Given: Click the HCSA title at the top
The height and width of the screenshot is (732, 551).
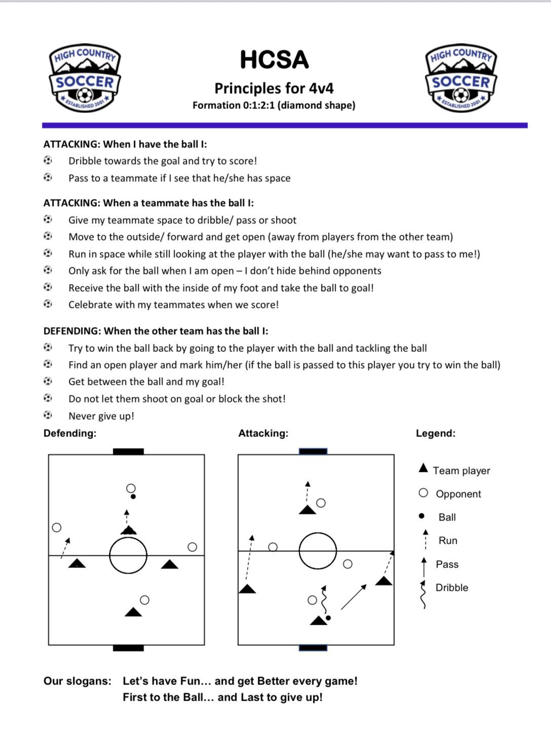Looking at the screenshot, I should click(x=274, y=60).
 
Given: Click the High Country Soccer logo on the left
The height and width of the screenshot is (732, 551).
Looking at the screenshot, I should click(x=85, y=77).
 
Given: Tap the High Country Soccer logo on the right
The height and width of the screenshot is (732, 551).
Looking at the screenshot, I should click(x=461, y=77).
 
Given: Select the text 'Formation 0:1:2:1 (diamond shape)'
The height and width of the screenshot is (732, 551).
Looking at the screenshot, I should click(x=273, y=105).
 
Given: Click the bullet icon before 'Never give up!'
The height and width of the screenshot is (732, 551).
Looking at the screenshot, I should click(x=48, y=415).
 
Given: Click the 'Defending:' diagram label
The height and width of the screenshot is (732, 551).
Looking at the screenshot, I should click(x=70, y=433).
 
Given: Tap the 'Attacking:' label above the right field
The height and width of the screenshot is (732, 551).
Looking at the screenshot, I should click(x=263, y=433).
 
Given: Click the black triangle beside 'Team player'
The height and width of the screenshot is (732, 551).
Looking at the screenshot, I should click(x=423, y=468).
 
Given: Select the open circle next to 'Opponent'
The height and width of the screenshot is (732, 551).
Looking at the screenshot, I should click(x=423, y=493).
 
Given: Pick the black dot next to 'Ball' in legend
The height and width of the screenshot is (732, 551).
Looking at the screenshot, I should click(x=421, y=516).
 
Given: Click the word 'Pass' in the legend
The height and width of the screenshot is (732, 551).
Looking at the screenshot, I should click(x=447, y=564).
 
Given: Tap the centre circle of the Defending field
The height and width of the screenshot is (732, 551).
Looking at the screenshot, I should click(x=128, y=555).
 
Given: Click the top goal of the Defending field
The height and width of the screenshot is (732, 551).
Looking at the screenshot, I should click(x=128, y=452).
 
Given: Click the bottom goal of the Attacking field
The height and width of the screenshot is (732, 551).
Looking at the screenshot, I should click(x=313, y=647).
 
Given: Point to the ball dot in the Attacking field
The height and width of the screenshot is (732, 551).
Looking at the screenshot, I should click(x=328, y=618).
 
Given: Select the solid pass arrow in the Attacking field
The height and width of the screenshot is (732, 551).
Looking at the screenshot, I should click(x=353, y=597).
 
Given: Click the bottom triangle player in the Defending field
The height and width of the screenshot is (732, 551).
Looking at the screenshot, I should click(x=133, y=612).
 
